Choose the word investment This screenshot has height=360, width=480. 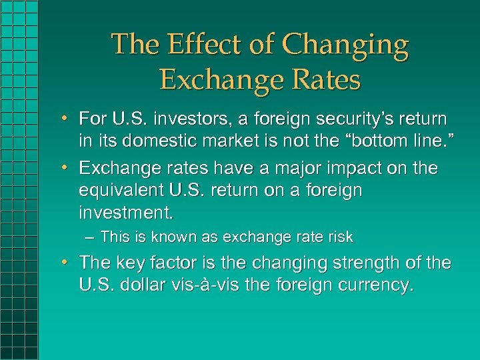coord(125,213)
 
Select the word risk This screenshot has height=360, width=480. coord(340,237)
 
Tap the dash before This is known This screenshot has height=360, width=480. coord(89,237)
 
